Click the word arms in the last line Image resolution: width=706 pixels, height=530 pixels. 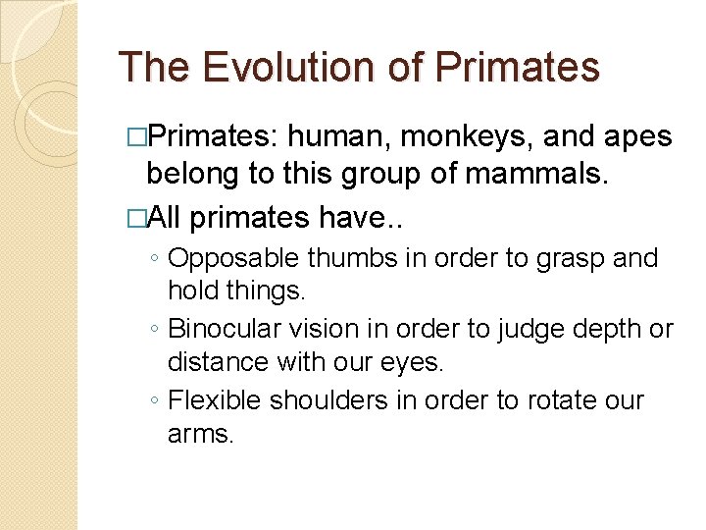(x=200, y=435)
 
